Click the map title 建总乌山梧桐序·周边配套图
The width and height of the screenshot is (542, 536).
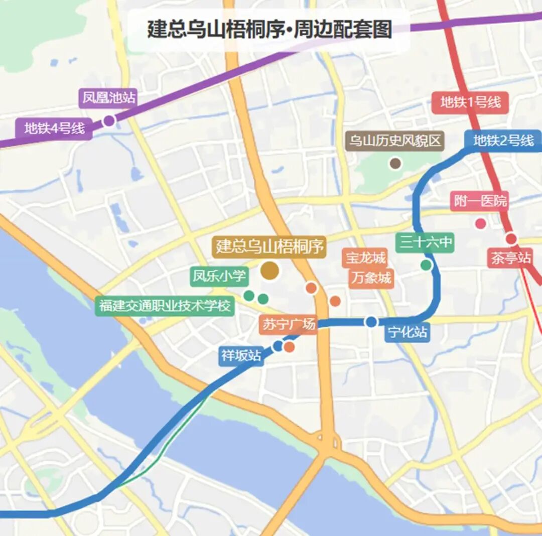[269, 30]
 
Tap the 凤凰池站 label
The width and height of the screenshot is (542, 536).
[109, 98]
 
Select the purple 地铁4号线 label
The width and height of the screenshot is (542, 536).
[55, 128]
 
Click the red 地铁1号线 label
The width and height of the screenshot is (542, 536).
[470, 102]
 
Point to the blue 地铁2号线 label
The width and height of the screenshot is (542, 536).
[503, 141]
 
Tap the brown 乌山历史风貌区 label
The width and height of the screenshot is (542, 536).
[395, 141]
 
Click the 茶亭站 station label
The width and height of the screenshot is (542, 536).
[510, 258]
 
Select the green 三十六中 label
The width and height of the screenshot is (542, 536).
[425, 243]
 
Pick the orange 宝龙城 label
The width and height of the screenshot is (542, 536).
[365, 258]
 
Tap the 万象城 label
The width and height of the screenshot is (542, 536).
[371, 278]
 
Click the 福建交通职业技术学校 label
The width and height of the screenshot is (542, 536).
[165, 305]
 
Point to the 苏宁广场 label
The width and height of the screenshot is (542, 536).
[289, 324]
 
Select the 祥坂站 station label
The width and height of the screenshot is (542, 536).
[241, 356]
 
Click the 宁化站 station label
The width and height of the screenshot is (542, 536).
[408, 332]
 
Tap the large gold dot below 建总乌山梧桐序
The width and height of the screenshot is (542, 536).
[270, 271]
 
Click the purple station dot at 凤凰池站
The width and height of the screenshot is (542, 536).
[109, 120]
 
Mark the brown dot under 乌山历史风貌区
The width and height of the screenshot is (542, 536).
[395, 163]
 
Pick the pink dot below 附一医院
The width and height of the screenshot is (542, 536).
[480, 224]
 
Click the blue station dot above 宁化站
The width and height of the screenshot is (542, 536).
[371, 322]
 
